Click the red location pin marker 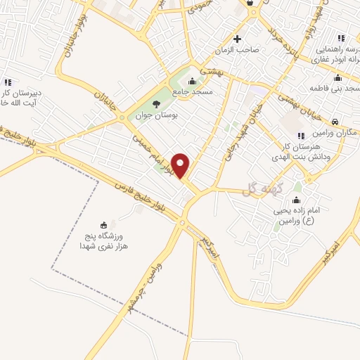coord(181,165)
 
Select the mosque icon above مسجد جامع coord(193,80)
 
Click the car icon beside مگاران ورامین coord(335,121)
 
